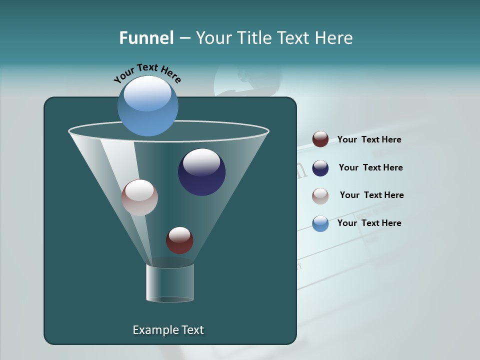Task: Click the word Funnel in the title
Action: [x=146, y=37]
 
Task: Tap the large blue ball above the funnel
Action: [x=148, y=106]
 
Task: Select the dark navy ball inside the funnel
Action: [x=202, y=172]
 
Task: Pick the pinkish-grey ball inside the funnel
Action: [x=139, y=197]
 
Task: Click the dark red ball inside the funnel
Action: [x=179, y=240]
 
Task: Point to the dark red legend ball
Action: [x=320, y=139]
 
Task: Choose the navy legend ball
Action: [x=320, y=168]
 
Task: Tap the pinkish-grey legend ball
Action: [x=320, y=196]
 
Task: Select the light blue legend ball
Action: [x=320, y=223]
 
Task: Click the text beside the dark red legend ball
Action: [x=369, y=139]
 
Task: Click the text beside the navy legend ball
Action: [x=370, y=167]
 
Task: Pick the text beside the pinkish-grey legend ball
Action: [x=371, y=195]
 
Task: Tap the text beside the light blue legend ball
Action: [x=369, y=223]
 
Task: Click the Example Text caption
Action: [x=168, y=330]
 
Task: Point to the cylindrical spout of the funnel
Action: [x=170, y=283]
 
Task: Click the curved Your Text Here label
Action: [x=147, y=72]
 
